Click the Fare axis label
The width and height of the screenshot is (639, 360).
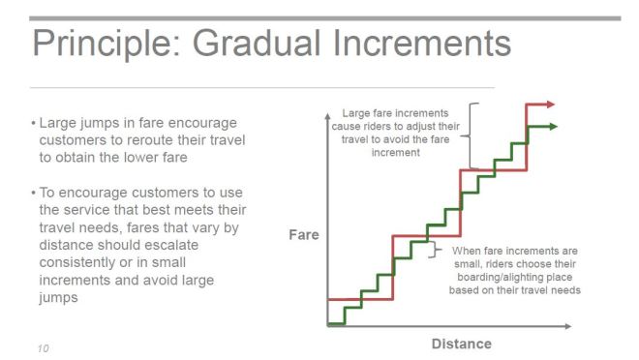pos(303,235)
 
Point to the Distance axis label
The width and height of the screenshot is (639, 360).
pos(461,344)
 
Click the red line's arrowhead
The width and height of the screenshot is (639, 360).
pos(549,103)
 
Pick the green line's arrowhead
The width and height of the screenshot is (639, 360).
pos(551,126)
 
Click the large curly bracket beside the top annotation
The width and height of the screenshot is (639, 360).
pos(472,134)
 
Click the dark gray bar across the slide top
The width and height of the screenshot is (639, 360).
pos(319,17)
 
